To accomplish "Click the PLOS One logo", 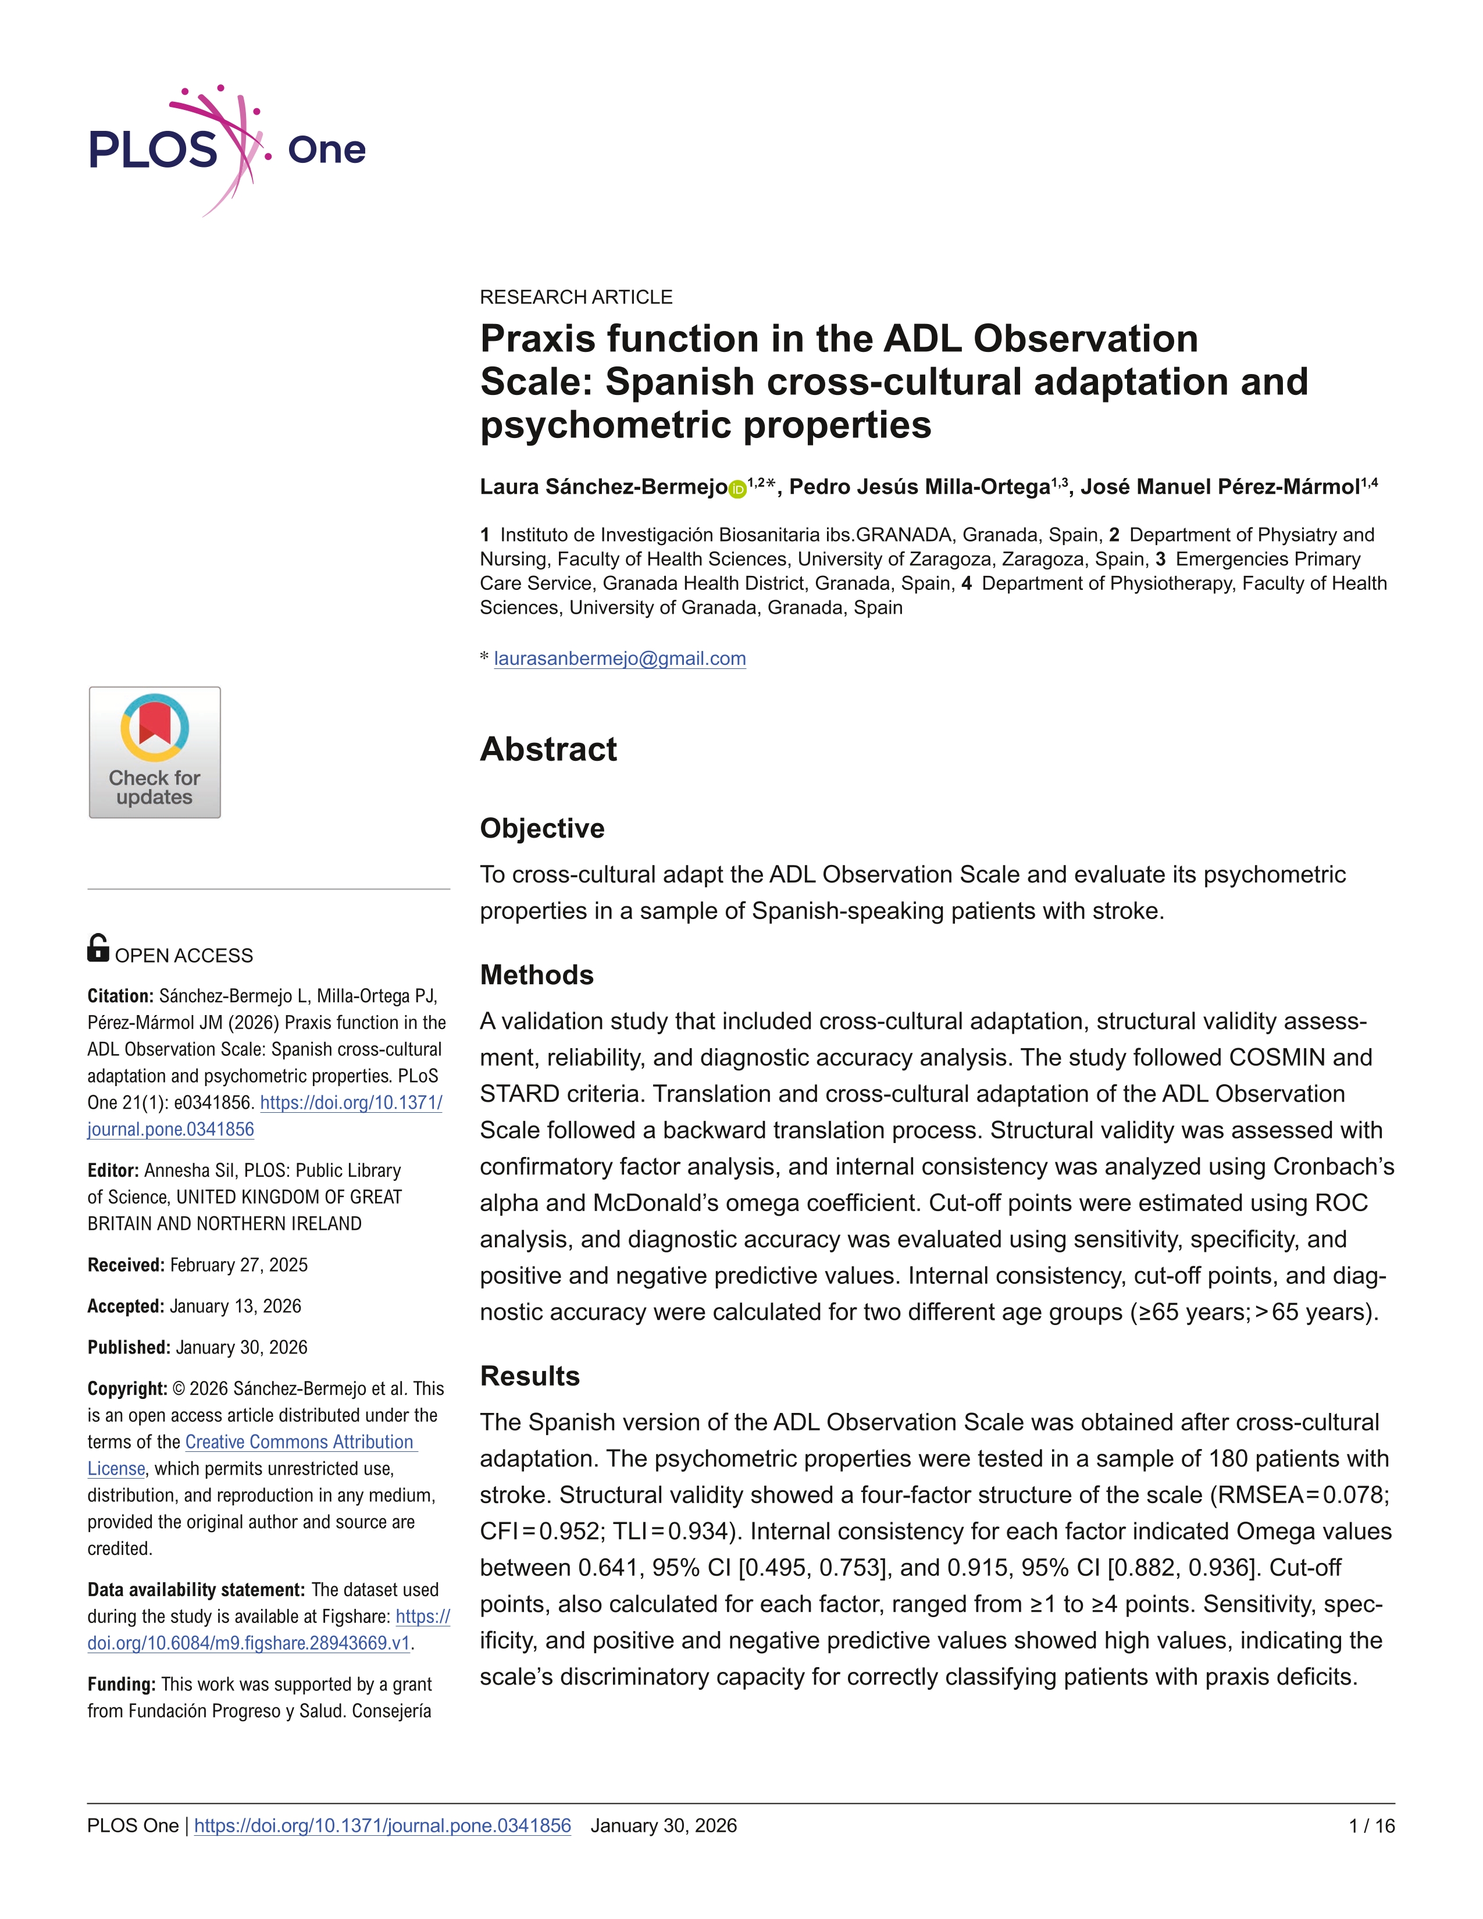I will tap(227, 150).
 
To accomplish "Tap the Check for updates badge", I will tap(155, 752).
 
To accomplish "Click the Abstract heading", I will tap(548, 749).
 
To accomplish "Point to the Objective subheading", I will tap(542, 828).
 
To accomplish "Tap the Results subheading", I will tap(530, 1376).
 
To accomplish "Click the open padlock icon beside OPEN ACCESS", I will tap(98, 948).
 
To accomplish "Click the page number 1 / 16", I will tap(1371, 1826).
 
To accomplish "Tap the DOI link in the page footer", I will tap(382, 1826).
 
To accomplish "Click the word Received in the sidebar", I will tap(126, 1265).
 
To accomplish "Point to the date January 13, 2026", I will tap(236, 1306).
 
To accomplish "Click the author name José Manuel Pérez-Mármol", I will tap(1220, 487).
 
